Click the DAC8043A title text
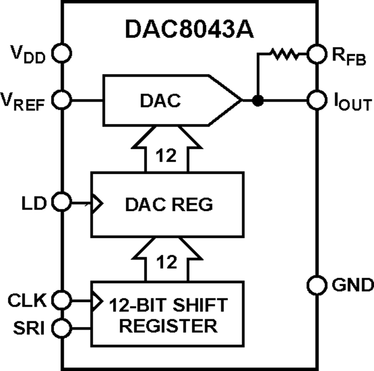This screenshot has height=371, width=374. coord(189,30)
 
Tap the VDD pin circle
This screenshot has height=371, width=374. coord(62,53)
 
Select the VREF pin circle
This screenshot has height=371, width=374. coord(62,100)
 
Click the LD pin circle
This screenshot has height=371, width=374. coord(62,203)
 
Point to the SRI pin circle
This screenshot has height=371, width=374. coord(62,328)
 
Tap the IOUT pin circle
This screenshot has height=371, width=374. coord(316,100)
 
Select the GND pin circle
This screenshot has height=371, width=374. coord(316,285)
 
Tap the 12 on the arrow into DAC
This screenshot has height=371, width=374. coord(167,157)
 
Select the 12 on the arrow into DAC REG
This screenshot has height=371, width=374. coord(167,262)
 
